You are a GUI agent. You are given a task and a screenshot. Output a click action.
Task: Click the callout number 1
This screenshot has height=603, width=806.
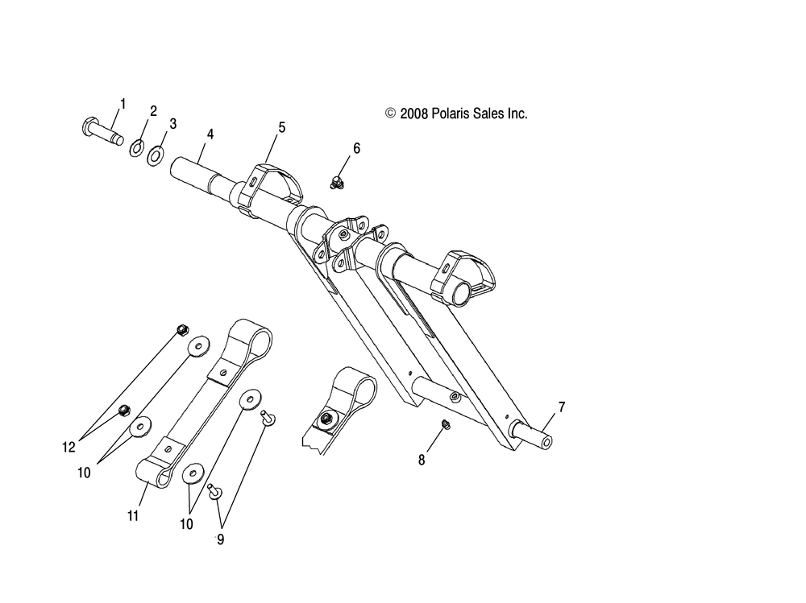tap(123, 103)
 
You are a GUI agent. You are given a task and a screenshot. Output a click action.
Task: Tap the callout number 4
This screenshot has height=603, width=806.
tap(210, 134)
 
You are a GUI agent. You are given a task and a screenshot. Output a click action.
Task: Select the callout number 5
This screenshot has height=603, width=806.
tap(282, 126)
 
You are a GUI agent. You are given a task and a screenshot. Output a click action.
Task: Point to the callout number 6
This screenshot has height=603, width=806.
tap(356, 148)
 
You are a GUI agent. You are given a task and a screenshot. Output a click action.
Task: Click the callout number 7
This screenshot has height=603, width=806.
tap(562, 407)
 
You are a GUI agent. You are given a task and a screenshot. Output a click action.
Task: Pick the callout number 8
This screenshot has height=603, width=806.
tap(421, 460)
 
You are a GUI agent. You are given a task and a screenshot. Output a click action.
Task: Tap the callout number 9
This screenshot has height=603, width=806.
tap(219, 539)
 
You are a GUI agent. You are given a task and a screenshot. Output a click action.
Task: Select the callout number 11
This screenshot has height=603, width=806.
tap(133, 515)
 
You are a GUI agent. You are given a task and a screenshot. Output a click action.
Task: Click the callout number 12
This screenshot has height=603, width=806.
tap(70, 444)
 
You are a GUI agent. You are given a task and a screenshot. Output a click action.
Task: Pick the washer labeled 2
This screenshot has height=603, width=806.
tap(137, 147)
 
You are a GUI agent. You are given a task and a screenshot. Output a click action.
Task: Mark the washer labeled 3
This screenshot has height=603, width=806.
tap(155, 152)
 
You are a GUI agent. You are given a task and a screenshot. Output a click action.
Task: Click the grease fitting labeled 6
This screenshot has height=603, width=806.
tap(339, 183)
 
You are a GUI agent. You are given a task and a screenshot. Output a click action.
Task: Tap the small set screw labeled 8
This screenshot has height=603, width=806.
tap(445, 424)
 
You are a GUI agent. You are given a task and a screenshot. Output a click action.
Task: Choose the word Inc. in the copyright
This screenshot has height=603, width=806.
tap(516, 114)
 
